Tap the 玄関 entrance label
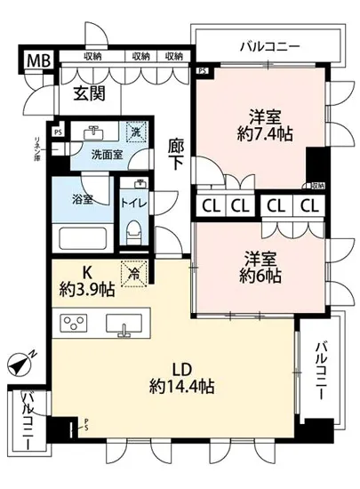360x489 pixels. (91, 92)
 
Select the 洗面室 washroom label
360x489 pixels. (108, 154)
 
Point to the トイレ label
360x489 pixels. (136, 202)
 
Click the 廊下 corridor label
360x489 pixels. (175, 153)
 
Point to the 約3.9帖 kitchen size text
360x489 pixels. (87, 288)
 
